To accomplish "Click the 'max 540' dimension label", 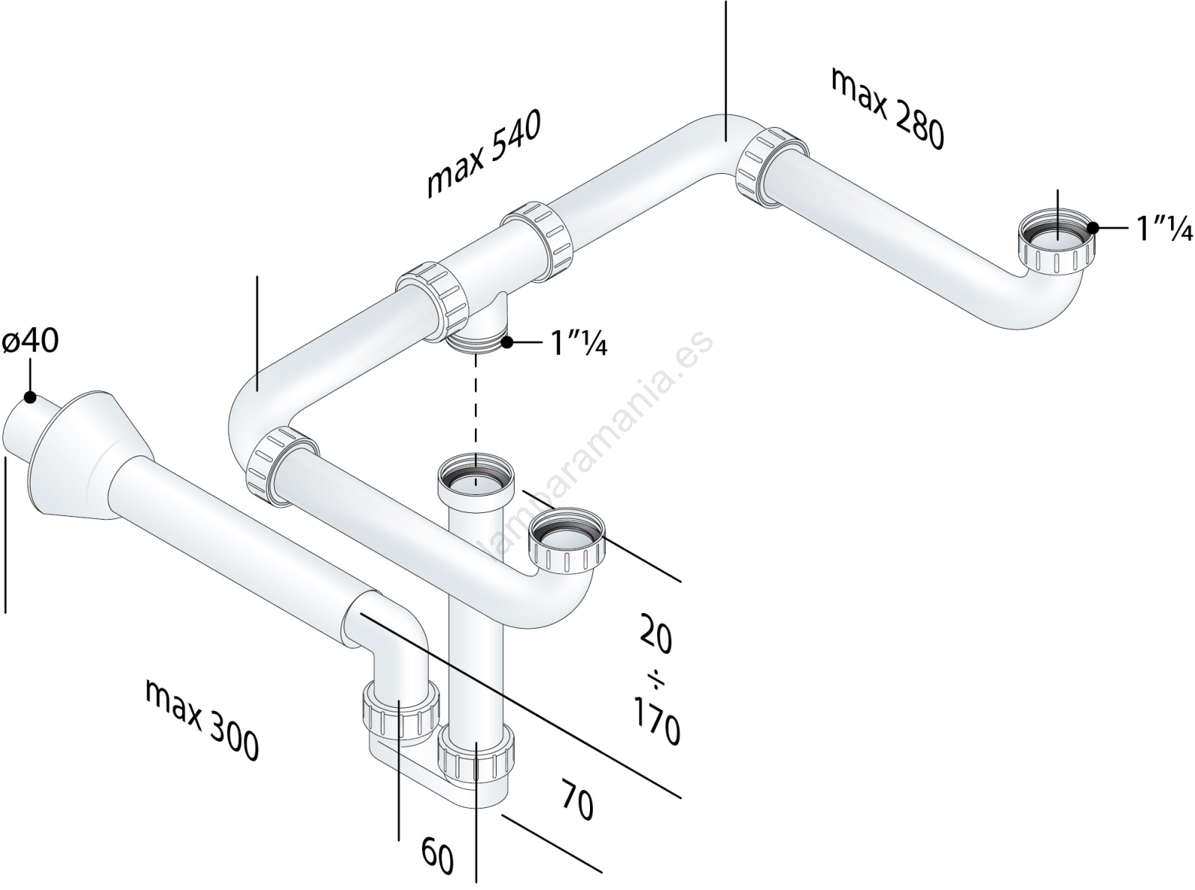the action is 482,154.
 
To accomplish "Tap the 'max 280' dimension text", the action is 887,108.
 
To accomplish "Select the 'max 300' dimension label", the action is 202,721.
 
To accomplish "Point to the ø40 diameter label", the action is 30,340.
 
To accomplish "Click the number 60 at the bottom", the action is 438,856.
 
